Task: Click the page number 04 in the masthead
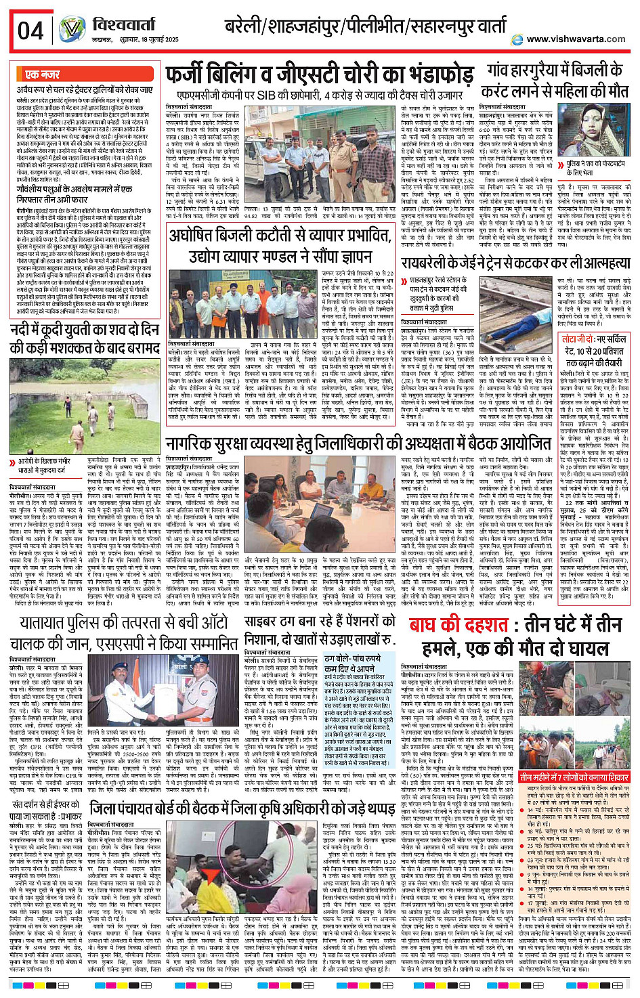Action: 31,30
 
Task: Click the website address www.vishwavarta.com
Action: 576,39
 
